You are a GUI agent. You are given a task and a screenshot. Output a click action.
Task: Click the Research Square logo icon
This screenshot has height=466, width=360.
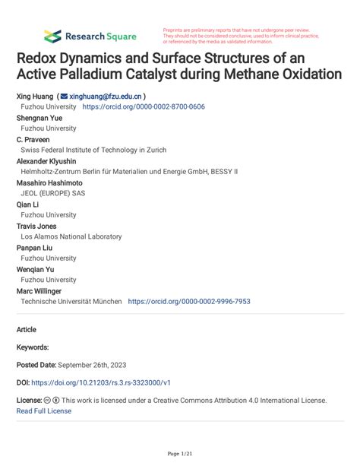pyautogui.click(x=53, y=36)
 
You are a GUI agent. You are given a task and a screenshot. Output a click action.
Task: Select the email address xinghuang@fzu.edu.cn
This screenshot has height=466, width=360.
pyautogui.click(x=105, y=97)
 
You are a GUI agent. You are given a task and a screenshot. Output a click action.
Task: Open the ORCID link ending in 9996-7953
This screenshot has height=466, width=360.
pyautogui.click(x=189, y=301)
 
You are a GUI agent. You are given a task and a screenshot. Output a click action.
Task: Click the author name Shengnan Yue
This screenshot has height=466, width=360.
pyautogui.click(x=41, y=119)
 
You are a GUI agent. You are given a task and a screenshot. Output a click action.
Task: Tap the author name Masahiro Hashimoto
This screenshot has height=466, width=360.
pyautogui.click(x=49, y=183)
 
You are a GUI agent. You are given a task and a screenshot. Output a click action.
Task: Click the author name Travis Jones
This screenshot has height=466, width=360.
pyautogui.click(x=36, y=226)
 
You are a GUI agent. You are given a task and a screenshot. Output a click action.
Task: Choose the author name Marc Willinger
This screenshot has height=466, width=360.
pyautogui.click(x=39, y=290)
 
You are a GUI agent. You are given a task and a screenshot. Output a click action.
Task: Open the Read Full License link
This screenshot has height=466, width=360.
pyautogui.click(x=43, y=411)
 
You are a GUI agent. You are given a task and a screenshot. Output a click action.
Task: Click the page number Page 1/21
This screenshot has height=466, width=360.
pyautogui.click(x=179, y=454)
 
